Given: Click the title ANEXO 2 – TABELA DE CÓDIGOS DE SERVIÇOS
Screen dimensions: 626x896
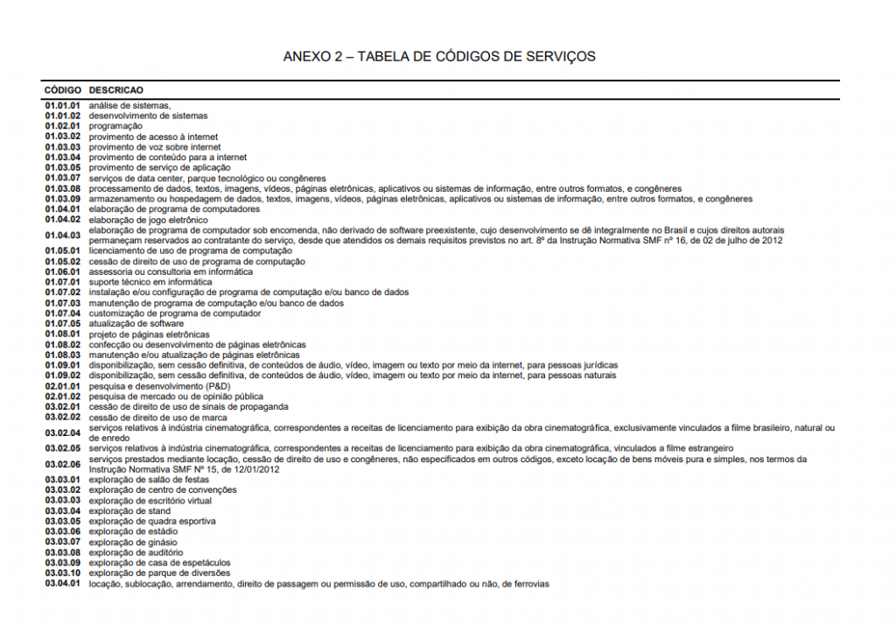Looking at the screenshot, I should pyautogui.click(x=439, y=57).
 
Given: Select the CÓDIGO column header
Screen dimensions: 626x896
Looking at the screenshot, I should pyautogui.click(x=63, y=90).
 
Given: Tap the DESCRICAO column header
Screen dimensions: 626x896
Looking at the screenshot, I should pyautogui.click(x=116, y=90).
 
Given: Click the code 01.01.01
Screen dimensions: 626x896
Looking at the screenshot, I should pyautogui.click(x=63, y=105).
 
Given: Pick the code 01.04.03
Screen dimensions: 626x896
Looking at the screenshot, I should pyautogui.click(x=63, y=236).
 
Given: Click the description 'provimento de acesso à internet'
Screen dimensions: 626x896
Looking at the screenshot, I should pyautogui.click(x=153, y=137).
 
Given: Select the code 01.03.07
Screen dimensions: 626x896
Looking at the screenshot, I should pyautogui.click(x=63, y=178).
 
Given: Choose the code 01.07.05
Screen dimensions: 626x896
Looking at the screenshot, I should pyautogui.click(x=63, y=324).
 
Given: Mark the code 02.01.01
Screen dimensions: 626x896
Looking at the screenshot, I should pyautogui.click(x=63, y=386).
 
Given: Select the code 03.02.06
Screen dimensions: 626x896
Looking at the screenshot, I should pyautogui.click(x=63, y=464).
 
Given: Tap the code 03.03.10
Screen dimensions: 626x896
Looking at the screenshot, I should pyautogui.click(x=63, y=573).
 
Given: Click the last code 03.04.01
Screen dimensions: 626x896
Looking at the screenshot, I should pyautogui.click(x=63, y=584).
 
